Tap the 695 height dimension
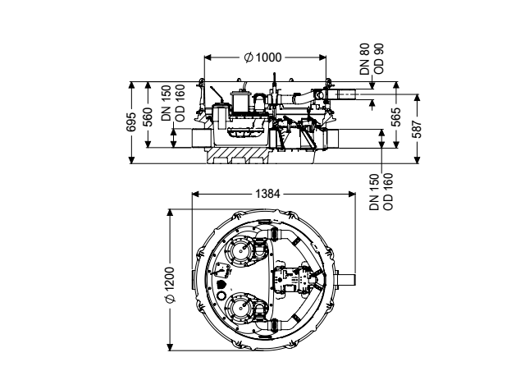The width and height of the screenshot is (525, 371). click(x=131, y=122)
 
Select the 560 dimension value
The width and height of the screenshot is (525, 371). click(x=148, y=117)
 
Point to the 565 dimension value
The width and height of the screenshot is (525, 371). click(x=396, y=117)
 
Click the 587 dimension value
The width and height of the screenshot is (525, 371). click(x=417, y=129)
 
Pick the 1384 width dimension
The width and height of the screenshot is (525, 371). click(x=267, y=194)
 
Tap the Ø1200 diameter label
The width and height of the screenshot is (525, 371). click(x=171, y=285)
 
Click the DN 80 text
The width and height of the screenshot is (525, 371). click(x=364, y=59)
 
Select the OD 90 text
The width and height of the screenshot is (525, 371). click(x=379, y=59)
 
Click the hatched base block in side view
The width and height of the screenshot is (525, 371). click(x=237, y=155)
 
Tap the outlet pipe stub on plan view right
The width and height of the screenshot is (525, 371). click(x=346, y=279)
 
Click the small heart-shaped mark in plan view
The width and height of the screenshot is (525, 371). click(x=221, y=286)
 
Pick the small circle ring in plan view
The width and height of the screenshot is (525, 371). click(x=221, y=296)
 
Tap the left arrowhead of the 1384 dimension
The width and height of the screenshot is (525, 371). click(x=195, y=194)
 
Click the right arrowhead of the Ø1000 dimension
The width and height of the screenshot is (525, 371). click(x=322, y=57)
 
